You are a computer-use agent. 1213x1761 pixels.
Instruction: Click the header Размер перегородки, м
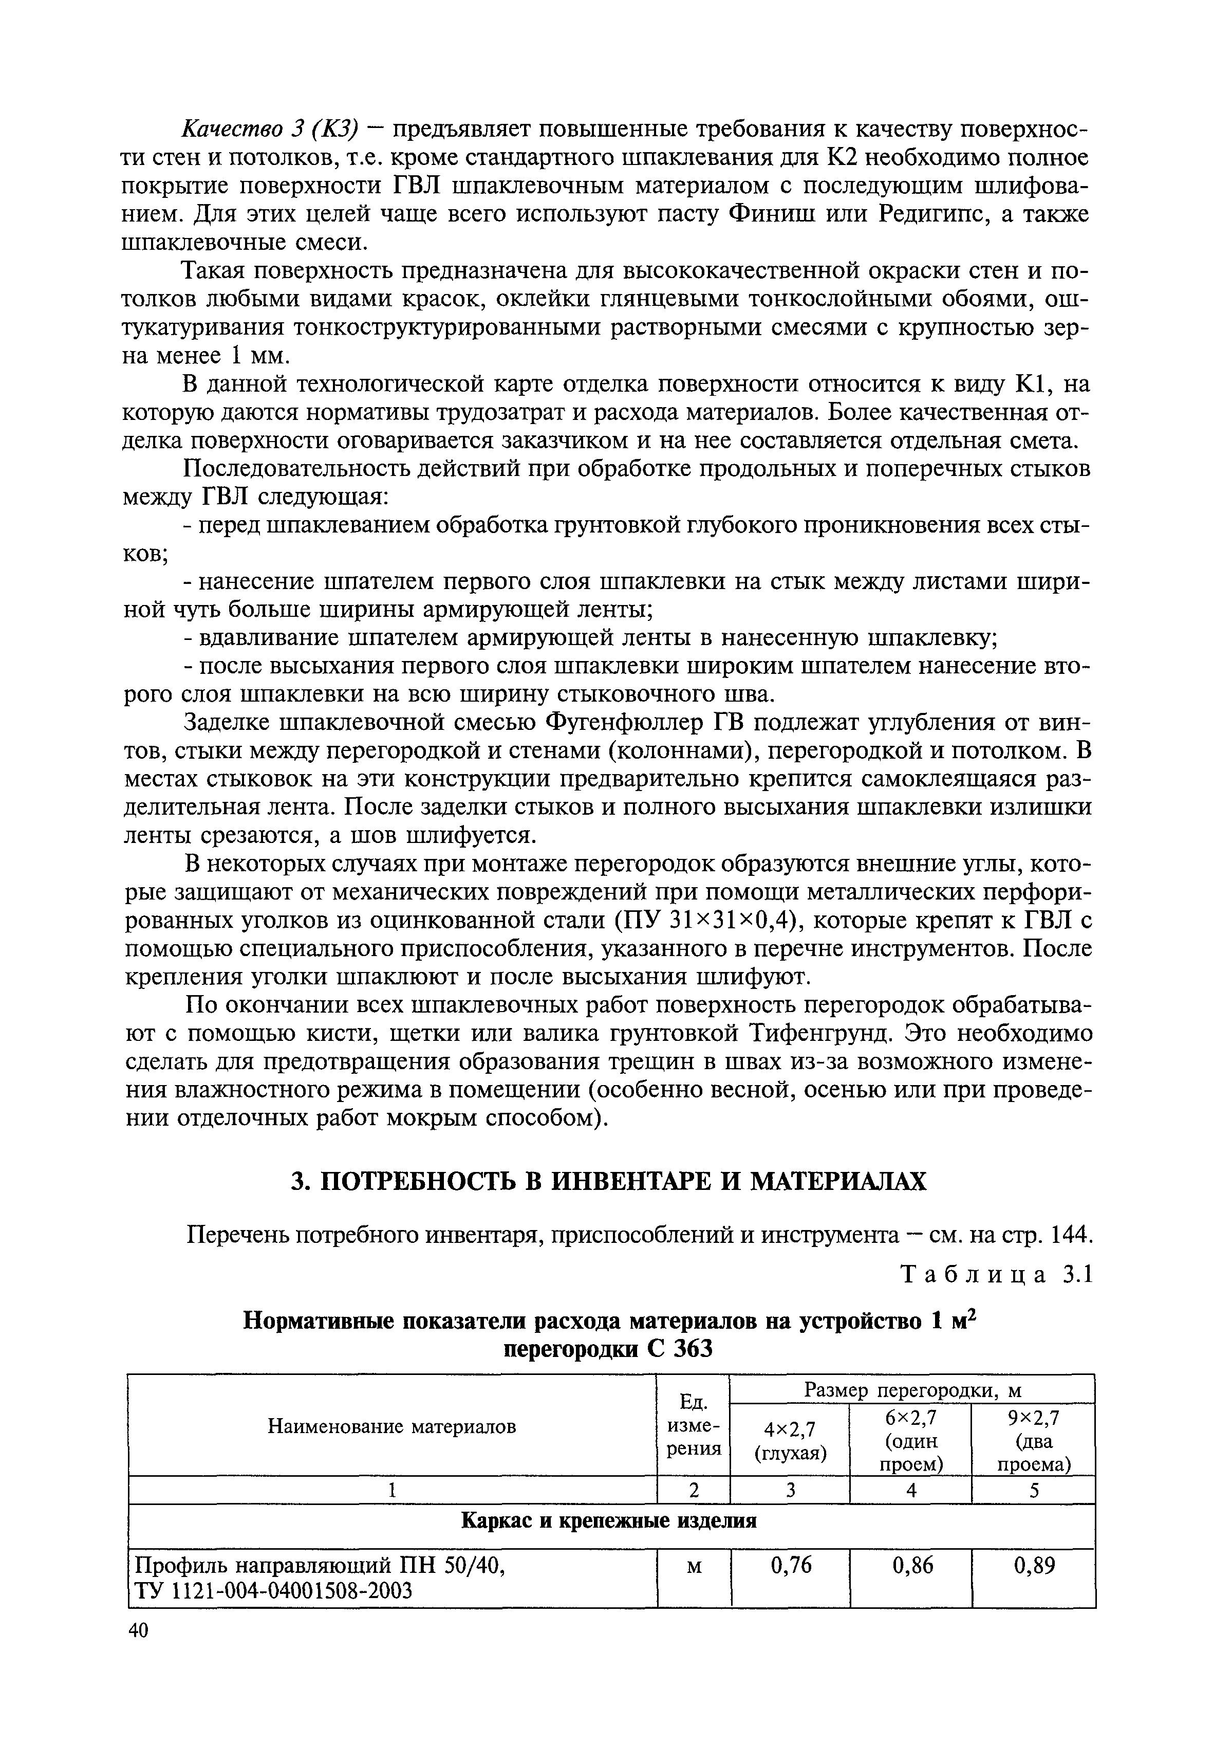click(912, 1390)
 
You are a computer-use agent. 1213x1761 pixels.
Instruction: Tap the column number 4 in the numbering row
click(911, 1491)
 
